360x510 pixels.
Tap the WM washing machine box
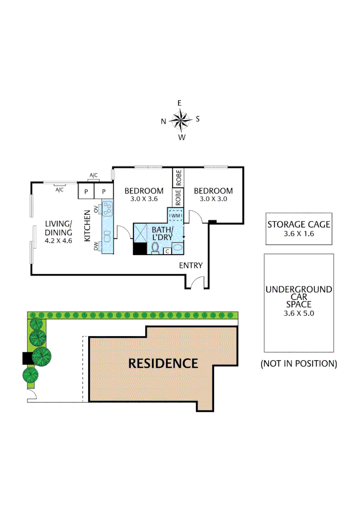click(176, 216)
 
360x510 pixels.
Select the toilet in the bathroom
click(155, 247)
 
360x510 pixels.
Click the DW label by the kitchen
click(96, 246)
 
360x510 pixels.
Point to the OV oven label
click(96, 209)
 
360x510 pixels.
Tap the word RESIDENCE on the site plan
click(163, 363)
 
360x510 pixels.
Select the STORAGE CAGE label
click(299, 224)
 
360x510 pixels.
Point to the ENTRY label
click(191, 265)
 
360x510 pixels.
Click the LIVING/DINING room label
click(58, 228)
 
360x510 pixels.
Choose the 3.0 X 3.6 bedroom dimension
click(144, 199)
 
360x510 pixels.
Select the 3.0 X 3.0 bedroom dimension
click(213, 199)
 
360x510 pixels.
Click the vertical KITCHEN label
click(87, 226)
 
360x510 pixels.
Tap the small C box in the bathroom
click(167, 251)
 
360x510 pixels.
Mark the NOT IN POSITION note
click(299, 364)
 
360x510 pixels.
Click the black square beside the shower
click(140, 249)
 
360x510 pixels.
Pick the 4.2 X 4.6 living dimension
click(58, 240)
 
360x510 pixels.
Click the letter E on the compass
click(179, 103)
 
